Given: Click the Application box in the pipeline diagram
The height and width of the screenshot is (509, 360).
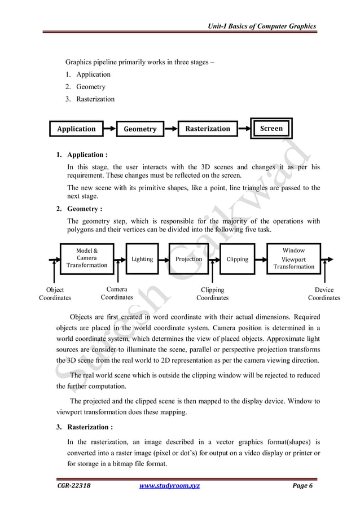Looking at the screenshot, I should tap(76, 129).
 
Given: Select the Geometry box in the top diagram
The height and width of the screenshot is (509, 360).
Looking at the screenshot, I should tap(140, 129).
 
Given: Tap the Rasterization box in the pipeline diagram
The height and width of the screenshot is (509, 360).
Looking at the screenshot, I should tap(208, 129).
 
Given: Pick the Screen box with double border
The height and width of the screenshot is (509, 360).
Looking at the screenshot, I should tap(271, 128).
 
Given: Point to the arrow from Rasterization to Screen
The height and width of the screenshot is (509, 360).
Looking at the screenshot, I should tap(244, 129).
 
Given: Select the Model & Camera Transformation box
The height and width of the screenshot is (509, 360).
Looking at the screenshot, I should tap(86, 258).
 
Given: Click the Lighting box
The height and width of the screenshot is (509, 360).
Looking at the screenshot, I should tap(142, 259).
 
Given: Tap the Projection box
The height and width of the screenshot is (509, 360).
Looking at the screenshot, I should tap(189, 259).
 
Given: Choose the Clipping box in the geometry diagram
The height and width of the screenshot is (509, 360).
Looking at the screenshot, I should tap(237, 259).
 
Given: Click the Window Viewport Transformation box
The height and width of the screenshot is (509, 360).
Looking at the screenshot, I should tap(293, 258).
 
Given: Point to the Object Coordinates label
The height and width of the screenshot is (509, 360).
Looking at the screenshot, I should tap(55, 293).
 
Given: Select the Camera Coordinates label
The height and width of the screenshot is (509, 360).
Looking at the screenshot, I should tap(117, 293).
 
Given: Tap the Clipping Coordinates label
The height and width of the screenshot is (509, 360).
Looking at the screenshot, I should tap(212, 293).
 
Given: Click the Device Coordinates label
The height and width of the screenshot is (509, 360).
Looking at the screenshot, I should tap(324, 293).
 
